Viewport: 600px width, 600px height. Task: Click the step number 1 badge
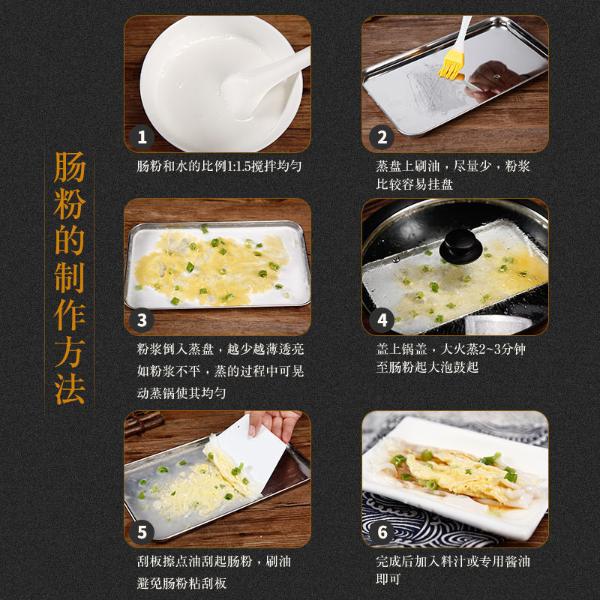[x=142, y=137]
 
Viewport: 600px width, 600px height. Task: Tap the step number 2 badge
[x=382, y=137]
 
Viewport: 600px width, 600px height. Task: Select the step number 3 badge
[x=142, y=320]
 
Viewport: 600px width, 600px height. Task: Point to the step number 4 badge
[x=382, y=320]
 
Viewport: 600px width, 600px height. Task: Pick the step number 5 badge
[x=142, y=532]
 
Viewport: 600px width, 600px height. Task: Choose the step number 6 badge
[x=382, y=532]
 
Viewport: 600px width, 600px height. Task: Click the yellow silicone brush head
[x=451, y=66]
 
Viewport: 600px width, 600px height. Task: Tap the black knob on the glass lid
[x=460, y=246]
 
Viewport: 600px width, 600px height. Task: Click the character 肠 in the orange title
[x=69, y=167]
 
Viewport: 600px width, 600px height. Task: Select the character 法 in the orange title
[x=69, y=388]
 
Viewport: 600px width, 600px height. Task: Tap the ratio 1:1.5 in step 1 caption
[x=238, y=166]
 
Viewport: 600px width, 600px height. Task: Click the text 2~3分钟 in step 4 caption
[x=502, y=349]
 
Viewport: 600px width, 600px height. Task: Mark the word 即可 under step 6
[x=388, y=579]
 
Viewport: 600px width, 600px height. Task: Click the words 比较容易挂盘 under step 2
[x=415, y=184]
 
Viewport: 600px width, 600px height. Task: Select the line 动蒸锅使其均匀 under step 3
[x=181, y=393]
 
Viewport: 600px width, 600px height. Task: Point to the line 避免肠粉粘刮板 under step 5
[x=181, y=583]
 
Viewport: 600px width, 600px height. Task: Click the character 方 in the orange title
[x=69, y=351]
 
